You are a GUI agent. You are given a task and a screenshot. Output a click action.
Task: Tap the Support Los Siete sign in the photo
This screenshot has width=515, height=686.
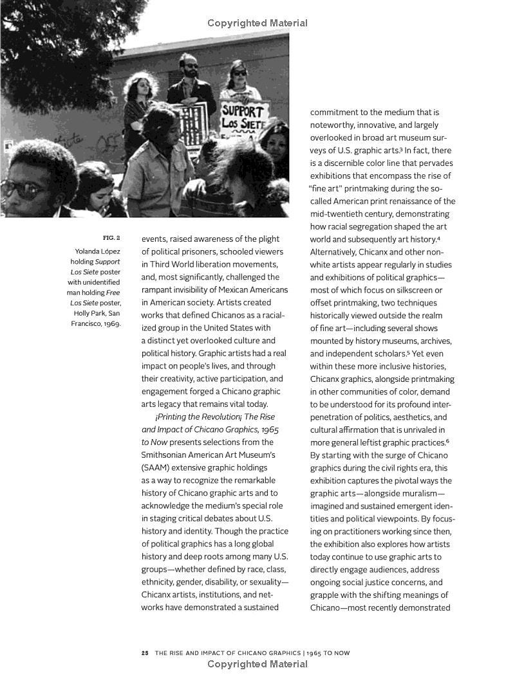click(x=245, y=116)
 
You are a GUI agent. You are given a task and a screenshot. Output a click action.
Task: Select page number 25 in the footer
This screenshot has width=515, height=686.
click(x=145, y=653)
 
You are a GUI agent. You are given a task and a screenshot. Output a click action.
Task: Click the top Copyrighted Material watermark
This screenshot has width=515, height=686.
click(x=257, y=23)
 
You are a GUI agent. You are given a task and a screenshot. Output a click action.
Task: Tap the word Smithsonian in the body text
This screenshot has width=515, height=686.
click(x=168, y=455)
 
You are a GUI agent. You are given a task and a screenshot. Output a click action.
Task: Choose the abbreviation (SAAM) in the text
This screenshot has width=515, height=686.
click(x=156, y=467)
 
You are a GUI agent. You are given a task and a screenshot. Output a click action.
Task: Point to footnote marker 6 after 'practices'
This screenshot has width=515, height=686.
click(x=447, y=440)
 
